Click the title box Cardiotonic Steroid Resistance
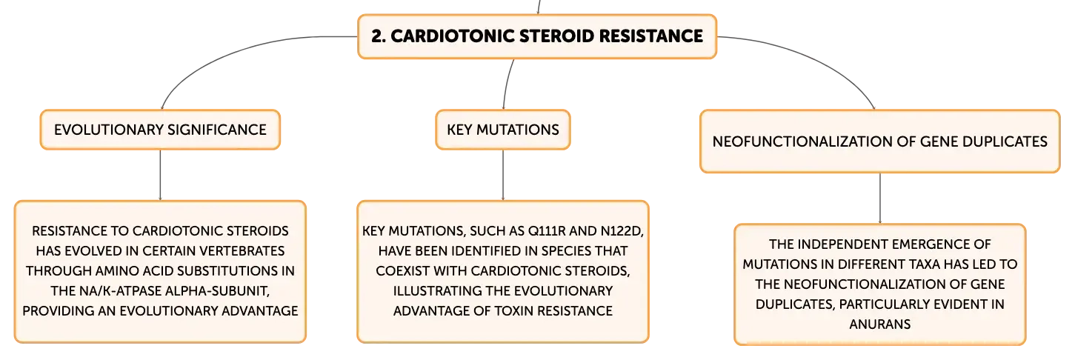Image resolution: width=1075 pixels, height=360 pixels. click(537, 36)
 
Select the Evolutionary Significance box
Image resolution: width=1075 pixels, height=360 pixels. click(160, 130)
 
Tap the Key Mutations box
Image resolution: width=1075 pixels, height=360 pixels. click(503, 130)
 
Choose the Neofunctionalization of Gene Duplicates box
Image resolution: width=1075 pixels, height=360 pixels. click(879, 141)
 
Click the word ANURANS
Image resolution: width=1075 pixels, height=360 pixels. click(879, 324)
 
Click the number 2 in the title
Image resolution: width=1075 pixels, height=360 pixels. click(376, 36)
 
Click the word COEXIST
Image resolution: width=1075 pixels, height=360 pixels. click(402, 270)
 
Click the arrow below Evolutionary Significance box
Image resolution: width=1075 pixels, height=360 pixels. click(160, 176)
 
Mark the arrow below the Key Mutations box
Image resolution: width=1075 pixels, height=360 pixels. click(503, 176)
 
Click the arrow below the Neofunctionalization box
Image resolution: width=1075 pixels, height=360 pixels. click(879, 199)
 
